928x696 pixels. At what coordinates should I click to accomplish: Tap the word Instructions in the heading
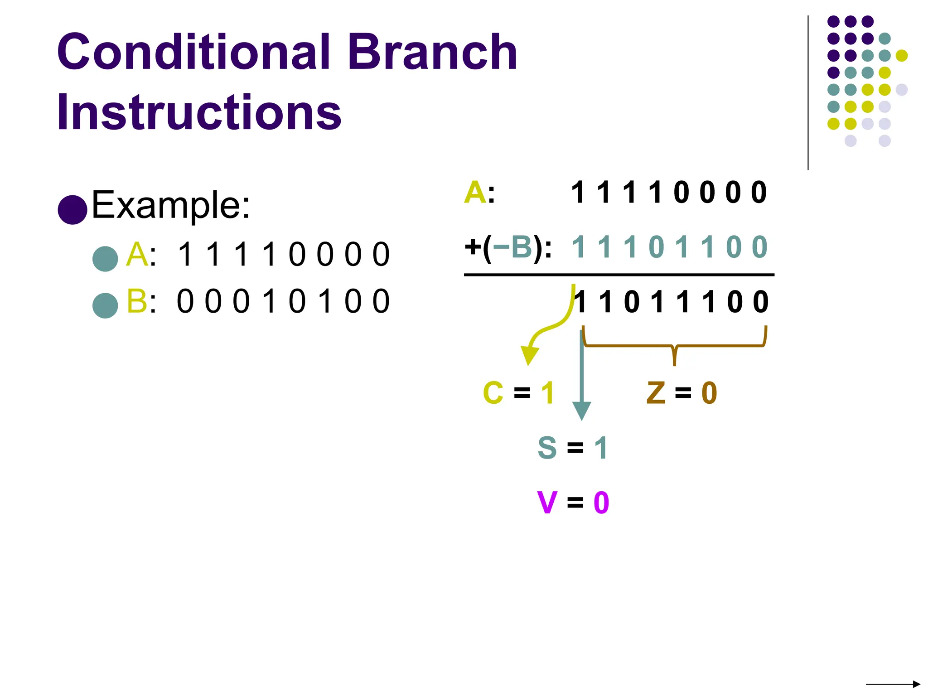coord(199,112)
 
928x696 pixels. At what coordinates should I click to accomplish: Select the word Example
coord(170,205)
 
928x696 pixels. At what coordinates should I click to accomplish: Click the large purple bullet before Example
coord(72,210)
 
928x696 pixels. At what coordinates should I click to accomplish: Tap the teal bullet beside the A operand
coord(105,259)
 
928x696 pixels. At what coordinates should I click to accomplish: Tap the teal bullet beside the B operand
coord(105,305)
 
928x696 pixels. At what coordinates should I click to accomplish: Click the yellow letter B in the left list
coord(136,301)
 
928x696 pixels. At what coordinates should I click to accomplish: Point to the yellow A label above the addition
coord(475,193)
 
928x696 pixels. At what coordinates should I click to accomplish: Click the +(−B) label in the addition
coord(507,247)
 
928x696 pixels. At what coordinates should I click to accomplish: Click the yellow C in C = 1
coord(493,392)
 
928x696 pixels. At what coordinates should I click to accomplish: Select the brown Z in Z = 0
coord(656,392)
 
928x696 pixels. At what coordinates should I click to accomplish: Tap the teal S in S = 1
coord(547,448)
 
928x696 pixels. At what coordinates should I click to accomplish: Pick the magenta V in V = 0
coord(547,503)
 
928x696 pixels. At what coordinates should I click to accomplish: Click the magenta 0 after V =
coord(601,503)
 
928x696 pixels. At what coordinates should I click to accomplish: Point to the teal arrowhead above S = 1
coord(581,411)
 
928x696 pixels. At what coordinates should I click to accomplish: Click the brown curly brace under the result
coord(674,347)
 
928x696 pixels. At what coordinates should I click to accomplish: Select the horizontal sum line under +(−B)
coord(619,275)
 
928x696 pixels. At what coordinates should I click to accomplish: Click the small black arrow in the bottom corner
coord(893,684)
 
